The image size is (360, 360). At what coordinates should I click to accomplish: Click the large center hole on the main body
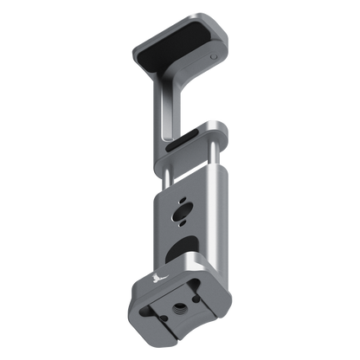tap(183, 211)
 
